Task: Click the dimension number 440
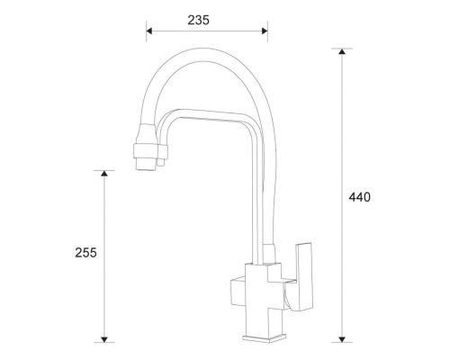pos(360,197)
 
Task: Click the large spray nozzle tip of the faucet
pos(145,165)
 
